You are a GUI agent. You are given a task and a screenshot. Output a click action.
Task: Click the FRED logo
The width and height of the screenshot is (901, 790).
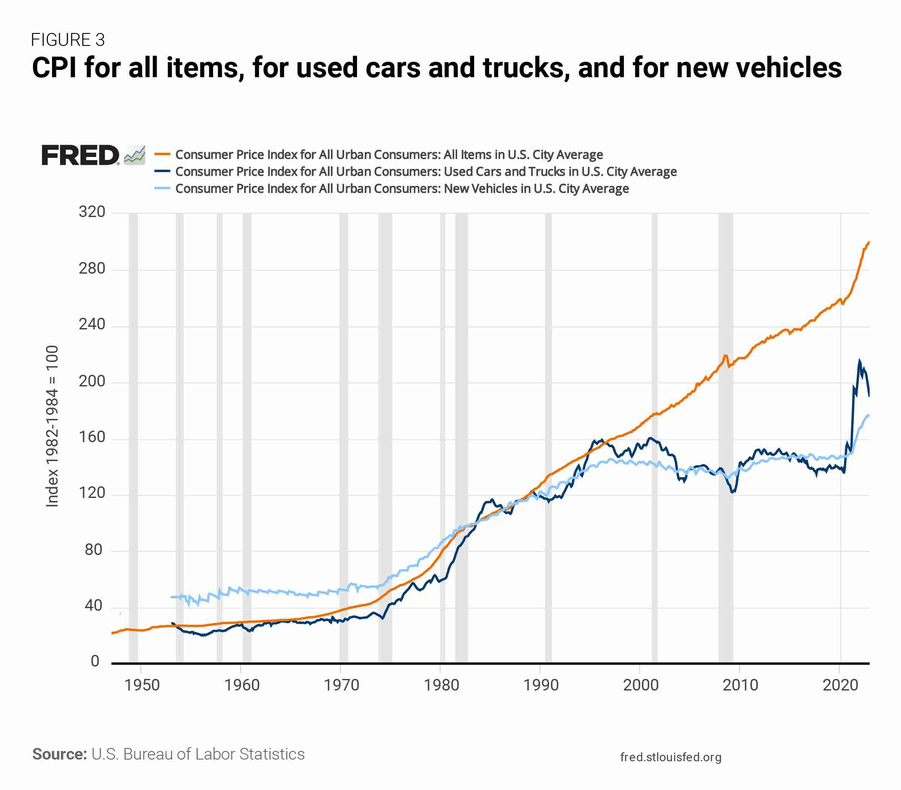coord(80,155)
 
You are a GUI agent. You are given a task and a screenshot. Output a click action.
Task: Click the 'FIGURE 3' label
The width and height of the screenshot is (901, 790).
coord(68,40)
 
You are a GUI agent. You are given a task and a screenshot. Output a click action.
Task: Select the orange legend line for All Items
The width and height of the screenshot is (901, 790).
coord(162,154)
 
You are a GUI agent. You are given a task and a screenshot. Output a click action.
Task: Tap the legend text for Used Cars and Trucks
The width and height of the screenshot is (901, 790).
coord(426,172)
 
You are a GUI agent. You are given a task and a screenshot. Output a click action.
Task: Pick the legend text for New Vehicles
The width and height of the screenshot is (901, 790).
coord(402,189)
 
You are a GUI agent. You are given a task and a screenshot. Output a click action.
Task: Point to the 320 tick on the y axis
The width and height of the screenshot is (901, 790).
coord(92,212)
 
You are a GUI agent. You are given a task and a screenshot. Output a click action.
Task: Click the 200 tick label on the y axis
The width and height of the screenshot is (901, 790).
coord(92,381)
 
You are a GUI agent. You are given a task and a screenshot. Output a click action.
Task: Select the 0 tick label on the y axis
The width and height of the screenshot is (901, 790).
coord(95,661)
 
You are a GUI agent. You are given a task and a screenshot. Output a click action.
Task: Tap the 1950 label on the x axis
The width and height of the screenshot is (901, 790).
coord(142,685)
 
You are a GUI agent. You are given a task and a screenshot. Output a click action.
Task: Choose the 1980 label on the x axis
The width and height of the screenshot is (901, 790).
coord(441,685)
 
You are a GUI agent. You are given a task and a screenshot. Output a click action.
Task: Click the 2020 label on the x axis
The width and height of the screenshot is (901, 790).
coord(840,685)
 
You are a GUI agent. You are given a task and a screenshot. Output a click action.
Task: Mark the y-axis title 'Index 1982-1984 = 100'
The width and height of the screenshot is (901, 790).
coord(52,426)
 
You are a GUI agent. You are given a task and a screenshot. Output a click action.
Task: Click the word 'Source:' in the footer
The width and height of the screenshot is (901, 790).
coord(60,754)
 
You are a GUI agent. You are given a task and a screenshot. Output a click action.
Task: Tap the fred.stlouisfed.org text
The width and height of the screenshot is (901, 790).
coord(671,757)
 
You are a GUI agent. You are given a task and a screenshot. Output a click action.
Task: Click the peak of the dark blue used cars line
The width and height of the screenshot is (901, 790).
coord(859,361)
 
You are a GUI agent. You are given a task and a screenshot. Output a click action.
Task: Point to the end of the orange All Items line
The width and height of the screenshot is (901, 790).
coord(869,242)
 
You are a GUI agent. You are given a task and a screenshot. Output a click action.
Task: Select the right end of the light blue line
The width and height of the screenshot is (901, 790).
coord(869,415)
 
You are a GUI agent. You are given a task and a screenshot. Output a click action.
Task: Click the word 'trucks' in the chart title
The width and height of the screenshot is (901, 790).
coord(526,68)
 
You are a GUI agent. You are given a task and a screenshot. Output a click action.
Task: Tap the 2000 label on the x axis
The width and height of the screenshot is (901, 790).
coord(641,685)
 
